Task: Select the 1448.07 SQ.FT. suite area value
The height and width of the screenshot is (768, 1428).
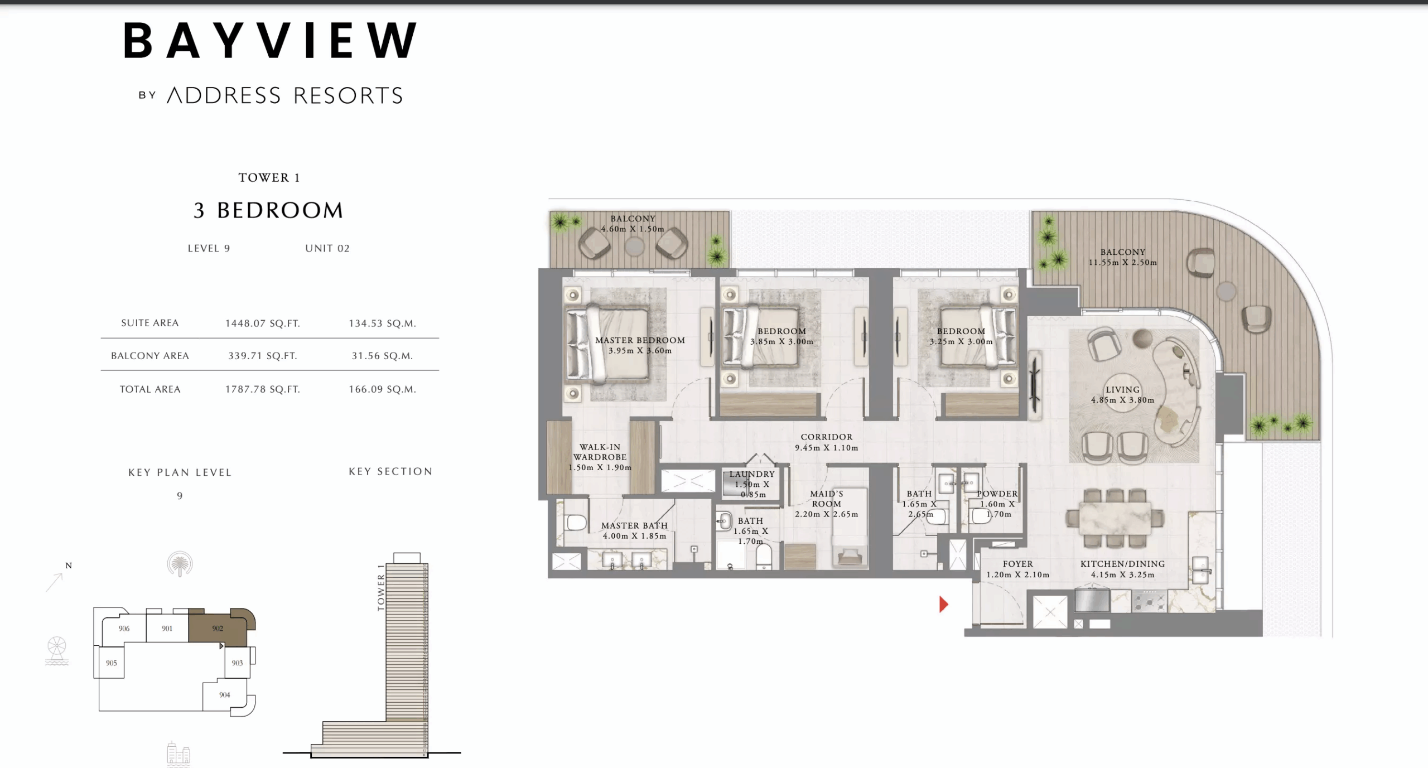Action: click(262, 323)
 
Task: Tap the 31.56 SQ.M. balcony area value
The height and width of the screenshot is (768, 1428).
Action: click(382, 356)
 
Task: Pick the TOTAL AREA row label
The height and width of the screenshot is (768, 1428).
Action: click(150, 389)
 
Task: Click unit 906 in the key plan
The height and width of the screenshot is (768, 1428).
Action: click(124, 629)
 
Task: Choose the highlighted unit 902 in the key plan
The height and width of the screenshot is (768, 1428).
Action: click(218, 629)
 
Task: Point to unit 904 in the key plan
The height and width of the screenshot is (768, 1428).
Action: click(224, 695)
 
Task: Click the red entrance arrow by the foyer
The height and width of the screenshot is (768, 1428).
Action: click(943, 604)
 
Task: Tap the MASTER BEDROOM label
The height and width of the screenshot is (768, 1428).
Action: click(640, 340)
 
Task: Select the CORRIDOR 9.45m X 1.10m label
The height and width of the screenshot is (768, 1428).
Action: click(826, 442)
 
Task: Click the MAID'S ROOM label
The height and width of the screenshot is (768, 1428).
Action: click(826, 499)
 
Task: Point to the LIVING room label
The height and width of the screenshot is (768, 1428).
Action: click(1122, 390)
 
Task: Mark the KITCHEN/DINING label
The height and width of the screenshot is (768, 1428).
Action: click(1122, 564)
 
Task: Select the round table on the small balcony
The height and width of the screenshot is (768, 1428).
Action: click(634, 246)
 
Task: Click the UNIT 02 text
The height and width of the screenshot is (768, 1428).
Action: click(327, 249)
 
